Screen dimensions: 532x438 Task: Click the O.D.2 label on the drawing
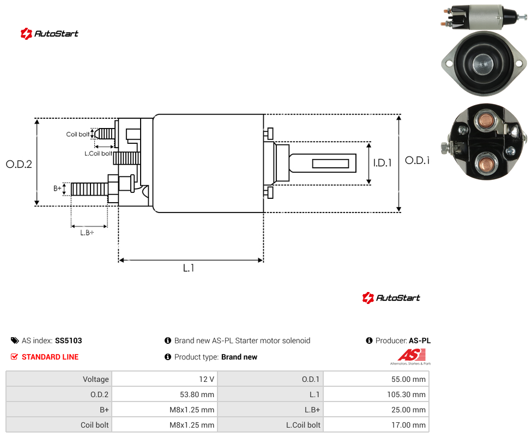[19, 164]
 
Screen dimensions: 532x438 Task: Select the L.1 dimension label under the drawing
[189, 268]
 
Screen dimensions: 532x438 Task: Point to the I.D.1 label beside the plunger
[383, 163]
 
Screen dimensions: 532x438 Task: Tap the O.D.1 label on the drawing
[418, 160]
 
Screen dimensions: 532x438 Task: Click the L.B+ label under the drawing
[87, 233]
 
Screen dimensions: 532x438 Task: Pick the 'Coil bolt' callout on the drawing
[78, 134]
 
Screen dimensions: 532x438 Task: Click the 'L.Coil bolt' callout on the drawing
[98, 154]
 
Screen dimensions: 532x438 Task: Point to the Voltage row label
[96, 379]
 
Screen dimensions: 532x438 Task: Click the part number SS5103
[69, 340]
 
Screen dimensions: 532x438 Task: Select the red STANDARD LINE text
[50, 357]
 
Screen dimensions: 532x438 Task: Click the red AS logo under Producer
[411, 355]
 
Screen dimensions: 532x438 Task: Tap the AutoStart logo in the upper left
[49, 33]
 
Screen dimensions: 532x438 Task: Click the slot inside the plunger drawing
[330, 164]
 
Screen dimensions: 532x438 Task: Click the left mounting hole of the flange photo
[449, 63]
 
